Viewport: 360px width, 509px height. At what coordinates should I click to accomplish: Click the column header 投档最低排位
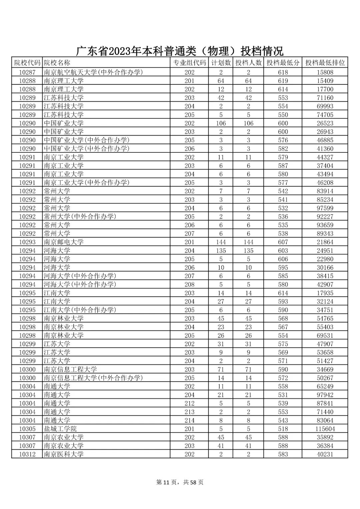point(325,63)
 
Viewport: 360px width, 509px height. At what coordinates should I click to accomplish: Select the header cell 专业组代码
point(189,63)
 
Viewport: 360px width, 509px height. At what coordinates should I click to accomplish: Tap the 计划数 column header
point(221,63)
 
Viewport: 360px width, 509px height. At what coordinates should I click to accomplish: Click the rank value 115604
point(325,429)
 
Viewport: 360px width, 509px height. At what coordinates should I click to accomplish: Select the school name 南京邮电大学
point(64,242)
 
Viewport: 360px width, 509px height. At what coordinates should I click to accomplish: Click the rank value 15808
point(325,72)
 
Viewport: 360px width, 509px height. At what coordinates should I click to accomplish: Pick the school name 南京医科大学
point(64,454)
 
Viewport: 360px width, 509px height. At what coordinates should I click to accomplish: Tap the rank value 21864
point(325,242)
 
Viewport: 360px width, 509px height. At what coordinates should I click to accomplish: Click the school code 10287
point(27,72)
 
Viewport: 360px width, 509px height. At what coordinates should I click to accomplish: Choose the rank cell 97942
point(325,395)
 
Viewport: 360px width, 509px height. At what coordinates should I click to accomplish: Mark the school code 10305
point(27,429)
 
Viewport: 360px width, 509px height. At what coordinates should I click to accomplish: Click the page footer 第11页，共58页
point(180,482)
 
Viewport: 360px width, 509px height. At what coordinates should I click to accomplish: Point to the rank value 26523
point(325,123)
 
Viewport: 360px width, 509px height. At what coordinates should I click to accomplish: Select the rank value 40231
point(325,454)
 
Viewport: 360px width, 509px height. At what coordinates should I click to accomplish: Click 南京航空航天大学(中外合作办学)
point(93,72)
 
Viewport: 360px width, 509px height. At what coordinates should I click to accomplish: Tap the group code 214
point(189,420)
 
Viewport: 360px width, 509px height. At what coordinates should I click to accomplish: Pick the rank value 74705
point(325,115)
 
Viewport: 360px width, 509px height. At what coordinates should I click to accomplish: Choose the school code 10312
point(27,454)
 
